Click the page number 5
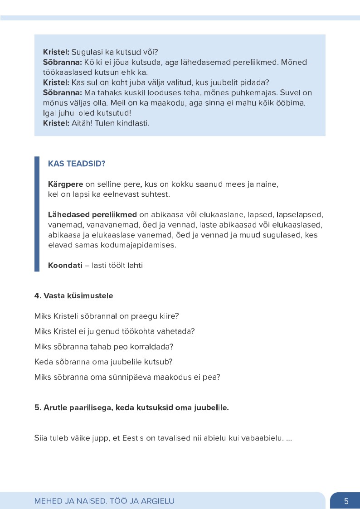pyautogui.click(x=346, y=501)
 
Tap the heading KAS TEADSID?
pyautogui.click(x=77, y=164)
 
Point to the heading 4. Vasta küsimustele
pyautogui.click(x=73, y=296)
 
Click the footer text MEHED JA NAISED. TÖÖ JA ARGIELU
pyautogui.click(x=104, y=501)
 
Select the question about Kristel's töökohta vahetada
pyautogui.click(x=114, y=331)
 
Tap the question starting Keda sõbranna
pyautogui.click(x=103, y=362)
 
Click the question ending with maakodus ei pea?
pyautogui.click(x=127, y=377)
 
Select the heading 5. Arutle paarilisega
pyautogui.click(x=131, y=407)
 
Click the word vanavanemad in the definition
pyautogui.click(x=102, y=225)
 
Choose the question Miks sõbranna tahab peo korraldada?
pyautogui.click(x=104, y=347)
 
